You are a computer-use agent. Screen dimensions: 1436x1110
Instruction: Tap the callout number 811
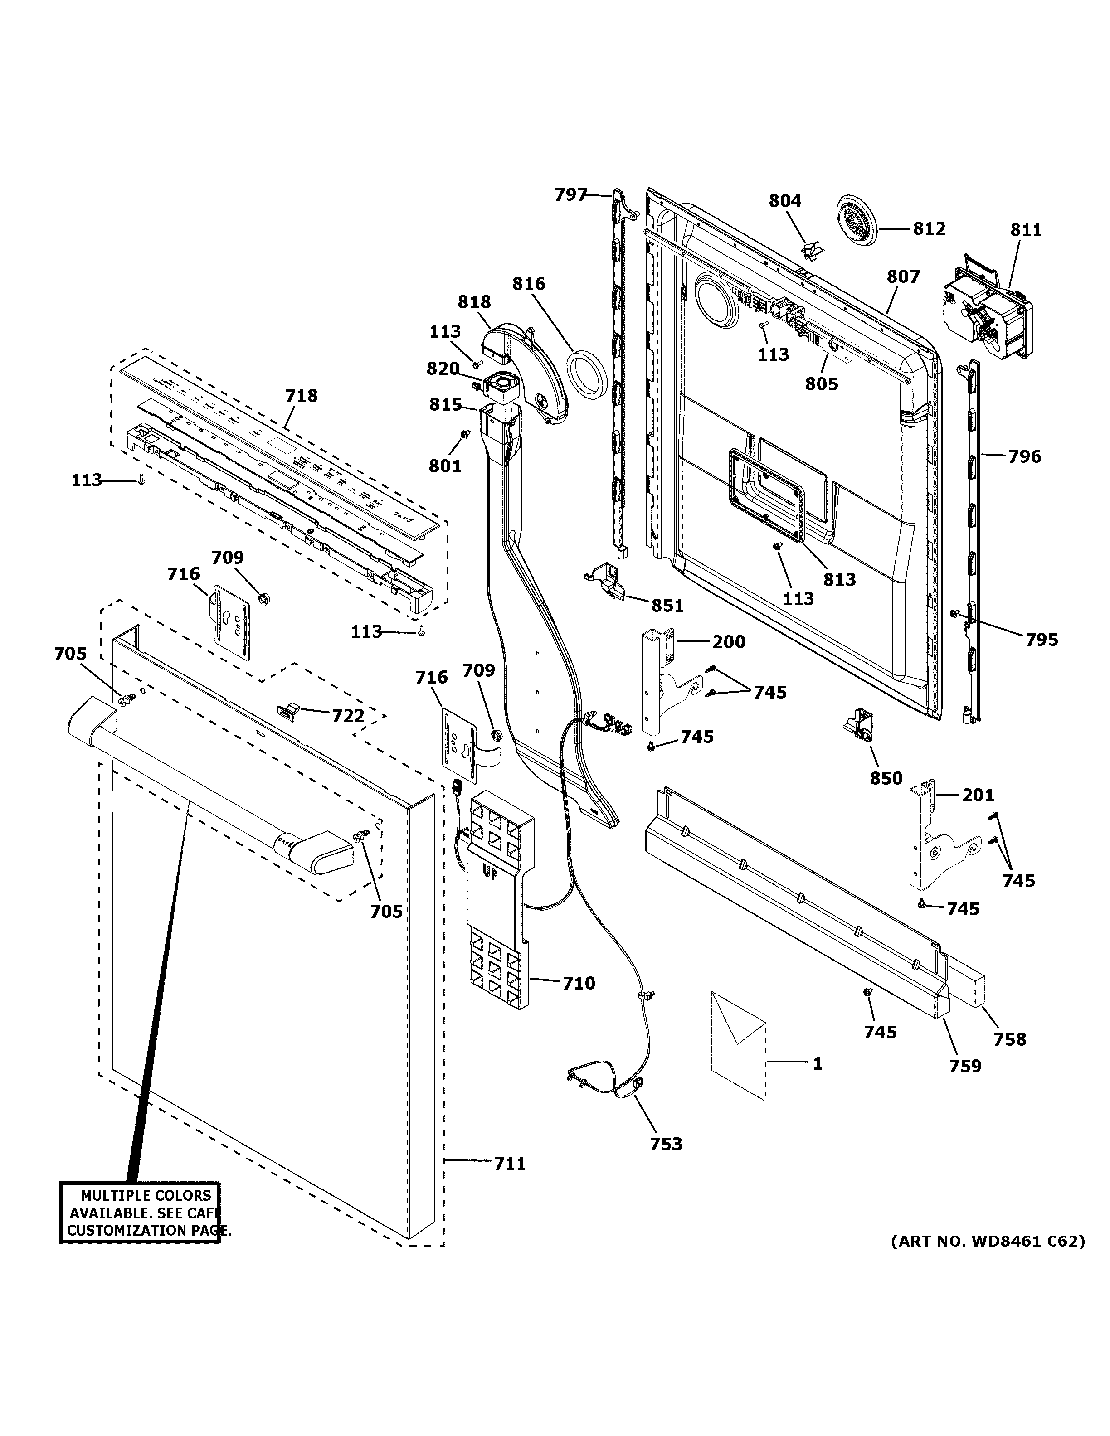pyautogui.click(x=1026, y=230)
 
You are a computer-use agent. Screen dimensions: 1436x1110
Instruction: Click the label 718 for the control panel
pyautogui.click(x=301, y=396)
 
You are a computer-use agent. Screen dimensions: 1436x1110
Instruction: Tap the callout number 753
pyautogui.click(x=666, y=1144)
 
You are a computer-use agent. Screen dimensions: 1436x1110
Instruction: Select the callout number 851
pyautogui.click(x=667, y=606)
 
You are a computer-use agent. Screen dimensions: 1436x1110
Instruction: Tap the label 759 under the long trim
pyautogui.click(x=964, y=1066)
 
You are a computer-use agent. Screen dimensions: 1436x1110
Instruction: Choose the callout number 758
pyautogui.click(x=1009, y=1039)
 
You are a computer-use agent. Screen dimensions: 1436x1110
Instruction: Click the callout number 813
pyautogui.click(x=840, y=579)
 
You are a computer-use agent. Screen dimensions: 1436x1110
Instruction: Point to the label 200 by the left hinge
pyautogui.click(x=729, y=642)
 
